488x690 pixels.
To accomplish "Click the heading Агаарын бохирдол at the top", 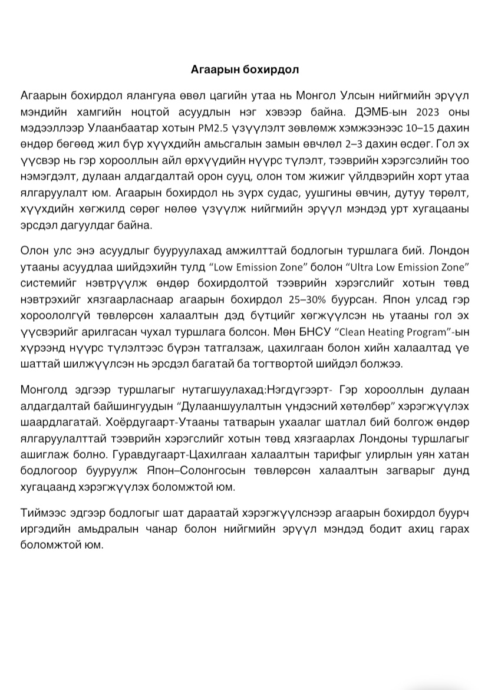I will [245, 70].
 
